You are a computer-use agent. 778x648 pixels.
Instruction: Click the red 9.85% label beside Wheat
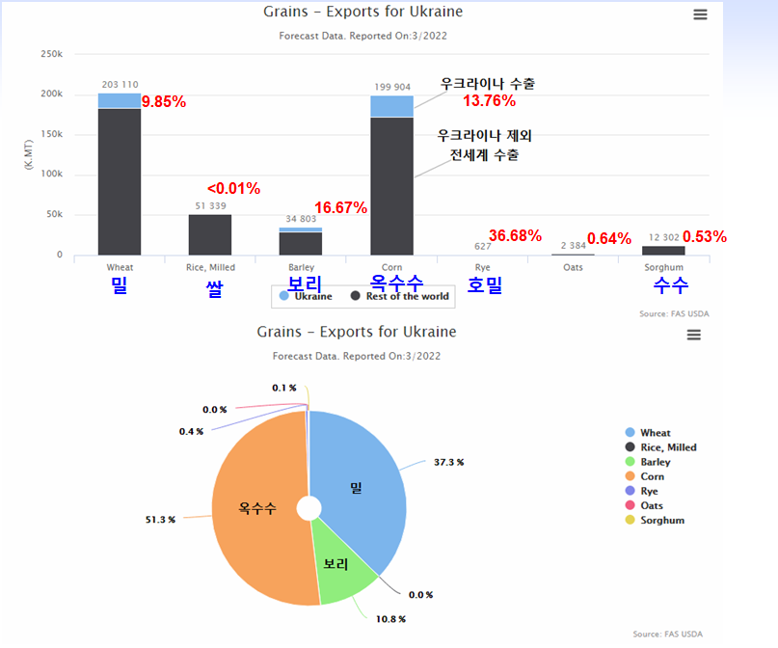pyautogui.click(x=164, y=101)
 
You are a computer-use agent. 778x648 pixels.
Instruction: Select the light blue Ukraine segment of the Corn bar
pyautogui.click(x=391, y=106)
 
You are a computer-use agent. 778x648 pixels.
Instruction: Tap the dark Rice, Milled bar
pyautogui.click(x=210, y=234)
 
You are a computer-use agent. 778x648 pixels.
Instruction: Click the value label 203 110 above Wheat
pyautogui.click(x=120, y=85)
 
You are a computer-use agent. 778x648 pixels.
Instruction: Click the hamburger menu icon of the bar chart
pyautogui.click(x=700, y=14)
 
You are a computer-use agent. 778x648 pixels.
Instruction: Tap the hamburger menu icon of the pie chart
pyautogui.click(x=693, y=335)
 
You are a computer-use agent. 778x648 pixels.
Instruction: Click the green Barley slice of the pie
pyautogui.click(x=335, y=563)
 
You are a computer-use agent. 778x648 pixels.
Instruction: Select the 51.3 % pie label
pyautogui.click(x=160, y=520)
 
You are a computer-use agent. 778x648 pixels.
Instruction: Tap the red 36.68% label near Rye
pyautogui.click(x=515, y=236)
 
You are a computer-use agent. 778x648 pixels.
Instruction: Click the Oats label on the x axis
pyautogui.click(x=573, y=267)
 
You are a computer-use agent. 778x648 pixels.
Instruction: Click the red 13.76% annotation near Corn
pyautogui.click(x=489, y=100)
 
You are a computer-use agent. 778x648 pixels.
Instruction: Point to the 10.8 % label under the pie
pyautogui.click(x=390, y=618)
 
